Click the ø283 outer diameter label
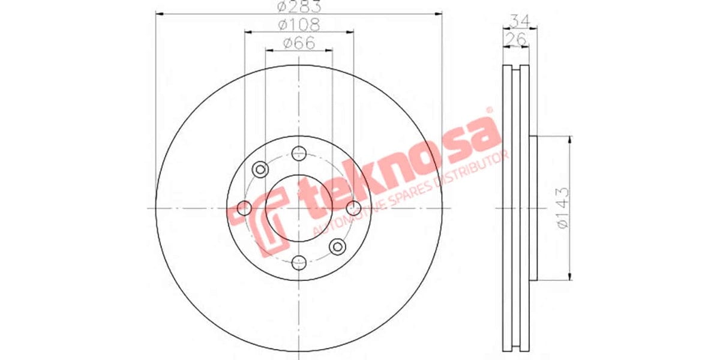pos(299,7)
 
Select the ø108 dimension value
pos(299,25)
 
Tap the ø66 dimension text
pos(299,43)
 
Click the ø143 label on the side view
pos(562,208)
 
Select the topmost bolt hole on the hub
pos(299,154)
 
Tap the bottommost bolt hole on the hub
pos(299,262)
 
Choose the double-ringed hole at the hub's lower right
pos(338,246)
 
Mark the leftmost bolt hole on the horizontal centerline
pos(245,208)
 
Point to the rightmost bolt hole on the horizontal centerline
pos(353,208)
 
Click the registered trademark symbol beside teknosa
pos(488,111)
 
